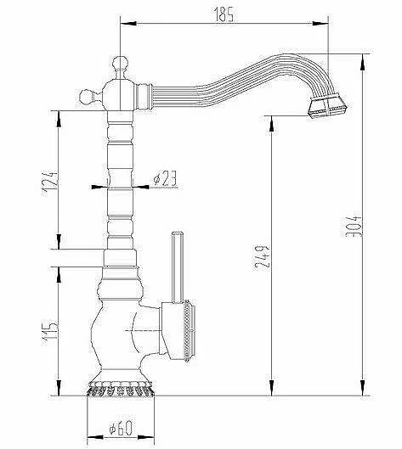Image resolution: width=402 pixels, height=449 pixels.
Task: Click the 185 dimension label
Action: point(224,14)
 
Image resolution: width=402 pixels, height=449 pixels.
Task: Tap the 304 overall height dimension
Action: point(353,224)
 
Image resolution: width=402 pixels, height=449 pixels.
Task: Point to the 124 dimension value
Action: point(50,183)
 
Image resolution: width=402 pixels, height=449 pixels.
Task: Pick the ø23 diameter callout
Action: point(165,179)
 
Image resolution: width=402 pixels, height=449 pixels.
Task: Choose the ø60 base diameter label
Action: point(121,429)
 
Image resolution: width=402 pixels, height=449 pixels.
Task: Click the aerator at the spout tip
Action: point(327,107)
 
